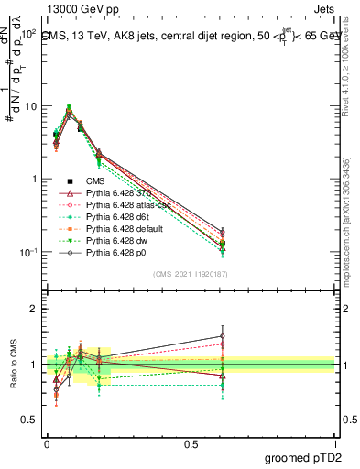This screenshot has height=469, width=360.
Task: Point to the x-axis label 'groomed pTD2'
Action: [304, 458]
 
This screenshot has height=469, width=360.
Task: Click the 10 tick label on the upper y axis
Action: [31, 106]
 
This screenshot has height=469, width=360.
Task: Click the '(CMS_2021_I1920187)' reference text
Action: [191, 274]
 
